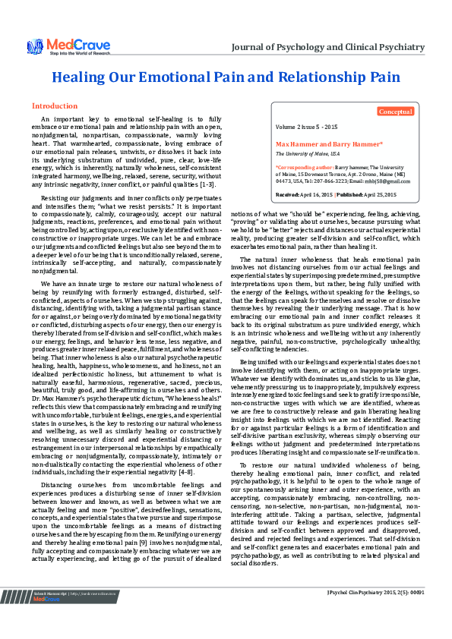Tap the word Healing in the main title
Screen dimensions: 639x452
(80, 77)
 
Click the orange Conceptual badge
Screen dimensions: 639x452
(396, 112)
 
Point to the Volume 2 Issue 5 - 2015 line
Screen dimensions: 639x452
(307, 126)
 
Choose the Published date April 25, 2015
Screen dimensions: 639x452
(381, 195)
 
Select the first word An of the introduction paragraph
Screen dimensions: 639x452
(46, 119)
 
